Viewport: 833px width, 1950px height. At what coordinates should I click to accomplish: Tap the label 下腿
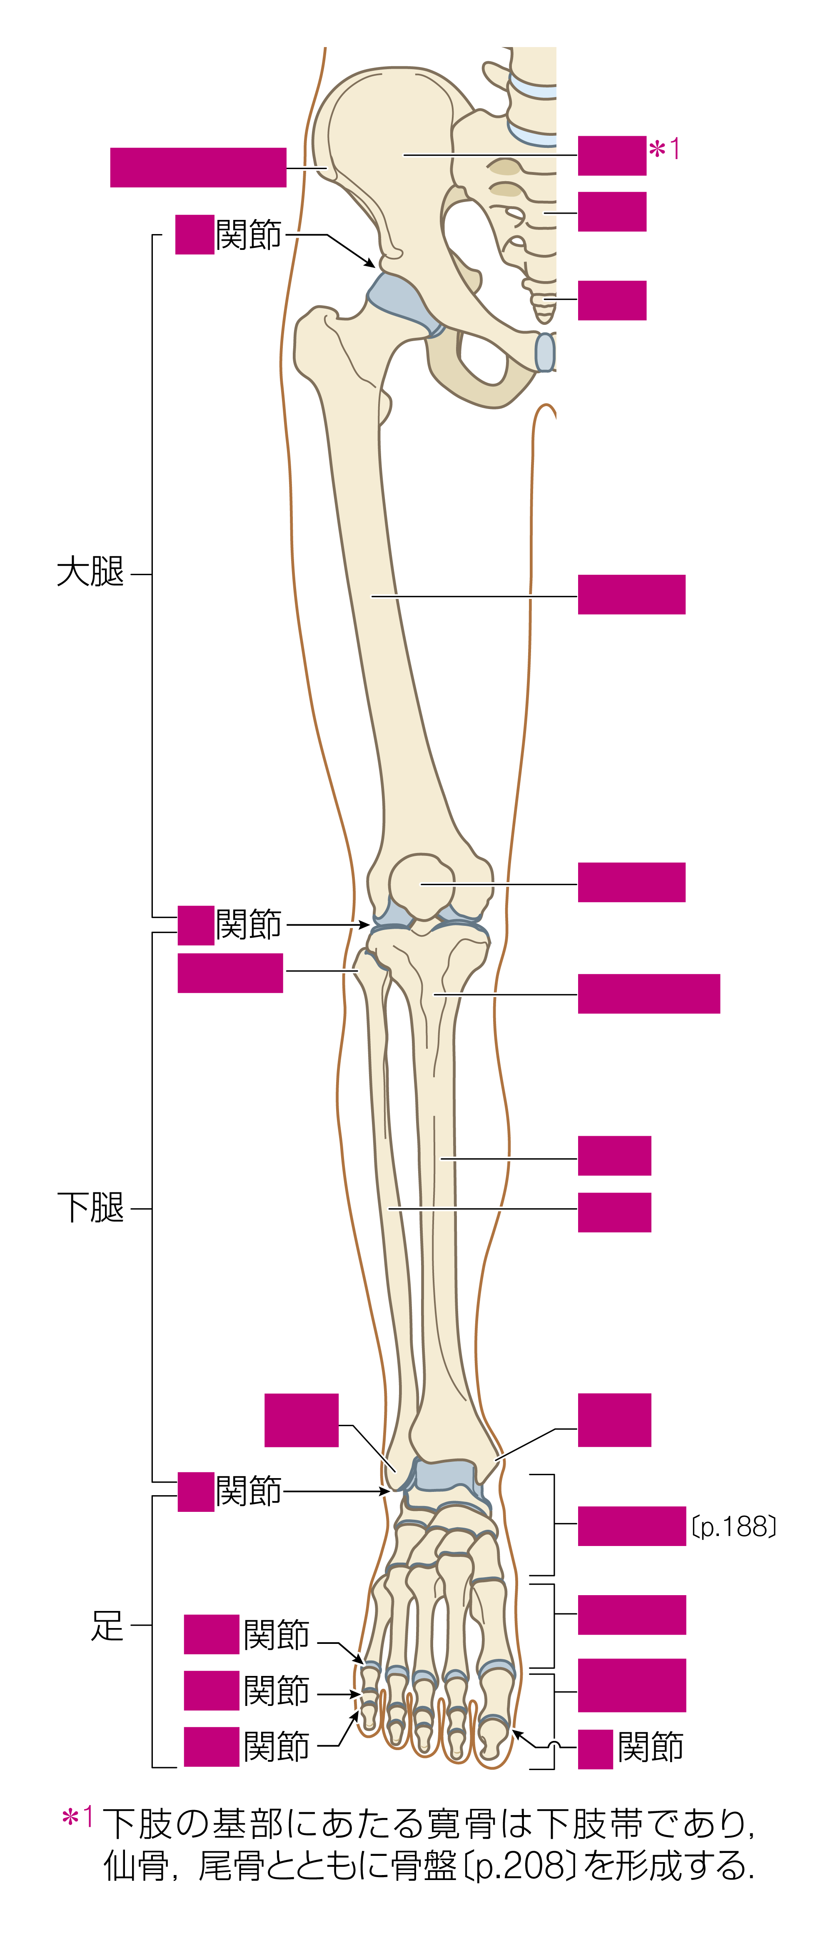[90, 1207]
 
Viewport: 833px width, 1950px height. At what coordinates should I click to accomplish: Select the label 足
[107, 1625]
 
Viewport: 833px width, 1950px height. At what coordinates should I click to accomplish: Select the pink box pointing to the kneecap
[631, 882]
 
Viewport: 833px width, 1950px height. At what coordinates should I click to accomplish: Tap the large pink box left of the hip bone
[198, 167]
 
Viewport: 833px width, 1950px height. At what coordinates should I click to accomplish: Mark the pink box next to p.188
[631, 1526]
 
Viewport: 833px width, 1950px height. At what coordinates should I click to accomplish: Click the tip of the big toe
[494, 1759]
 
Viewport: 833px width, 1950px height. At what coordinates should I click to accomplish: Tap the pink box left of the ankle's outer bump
[302, 1420]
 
